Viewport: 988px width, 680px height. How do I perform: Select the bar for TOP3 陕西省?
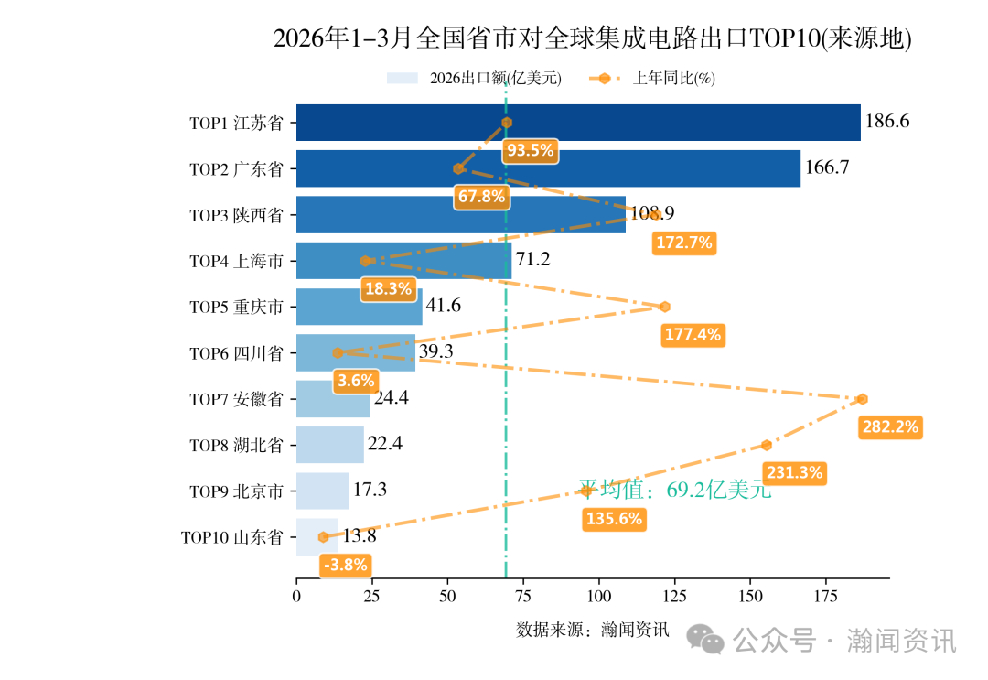(461, 215)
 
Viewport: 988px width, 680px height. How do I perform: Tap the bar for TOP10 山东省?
(317, 537)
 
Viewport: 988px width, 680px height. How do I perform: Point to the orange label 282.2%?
(890, 426)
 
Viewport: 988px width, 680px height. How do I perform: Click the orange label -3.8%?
(346, 565)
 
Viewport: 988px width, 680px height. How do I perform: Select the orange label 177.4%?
(693, 335)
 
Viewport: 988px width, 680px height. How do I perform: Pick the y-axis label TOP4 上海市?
(236, 262)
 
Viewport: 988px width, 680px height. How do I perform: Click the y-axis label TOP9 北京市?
(236, 491)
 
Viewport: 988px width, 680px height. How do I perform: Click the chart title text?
(593, 39)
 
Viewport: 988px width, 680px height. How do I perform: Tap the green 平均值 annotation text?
(675, 490)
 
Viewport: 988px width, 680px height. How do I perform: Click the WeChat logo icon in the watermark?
(706, 639)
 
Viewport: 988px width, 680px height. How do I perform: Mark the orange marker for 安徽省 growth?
(862, 399)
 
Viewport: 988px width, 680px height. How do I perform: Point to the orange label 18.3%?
(388, 289)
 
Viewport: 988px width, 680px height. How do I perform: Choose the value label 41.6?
(444, 307)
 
